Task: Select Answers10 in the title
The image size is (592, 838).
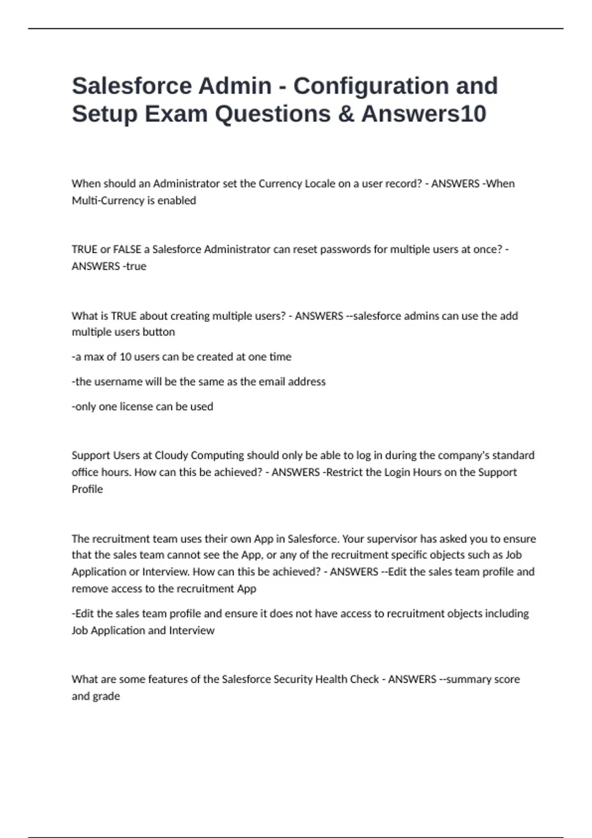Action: point(424,114)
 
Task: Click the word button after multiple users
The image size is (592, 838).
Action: point(158,332)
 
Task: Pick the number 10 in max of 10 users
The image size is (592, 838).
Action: point(125,357)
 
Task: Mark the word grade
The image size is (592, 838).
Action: point(106,697)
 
